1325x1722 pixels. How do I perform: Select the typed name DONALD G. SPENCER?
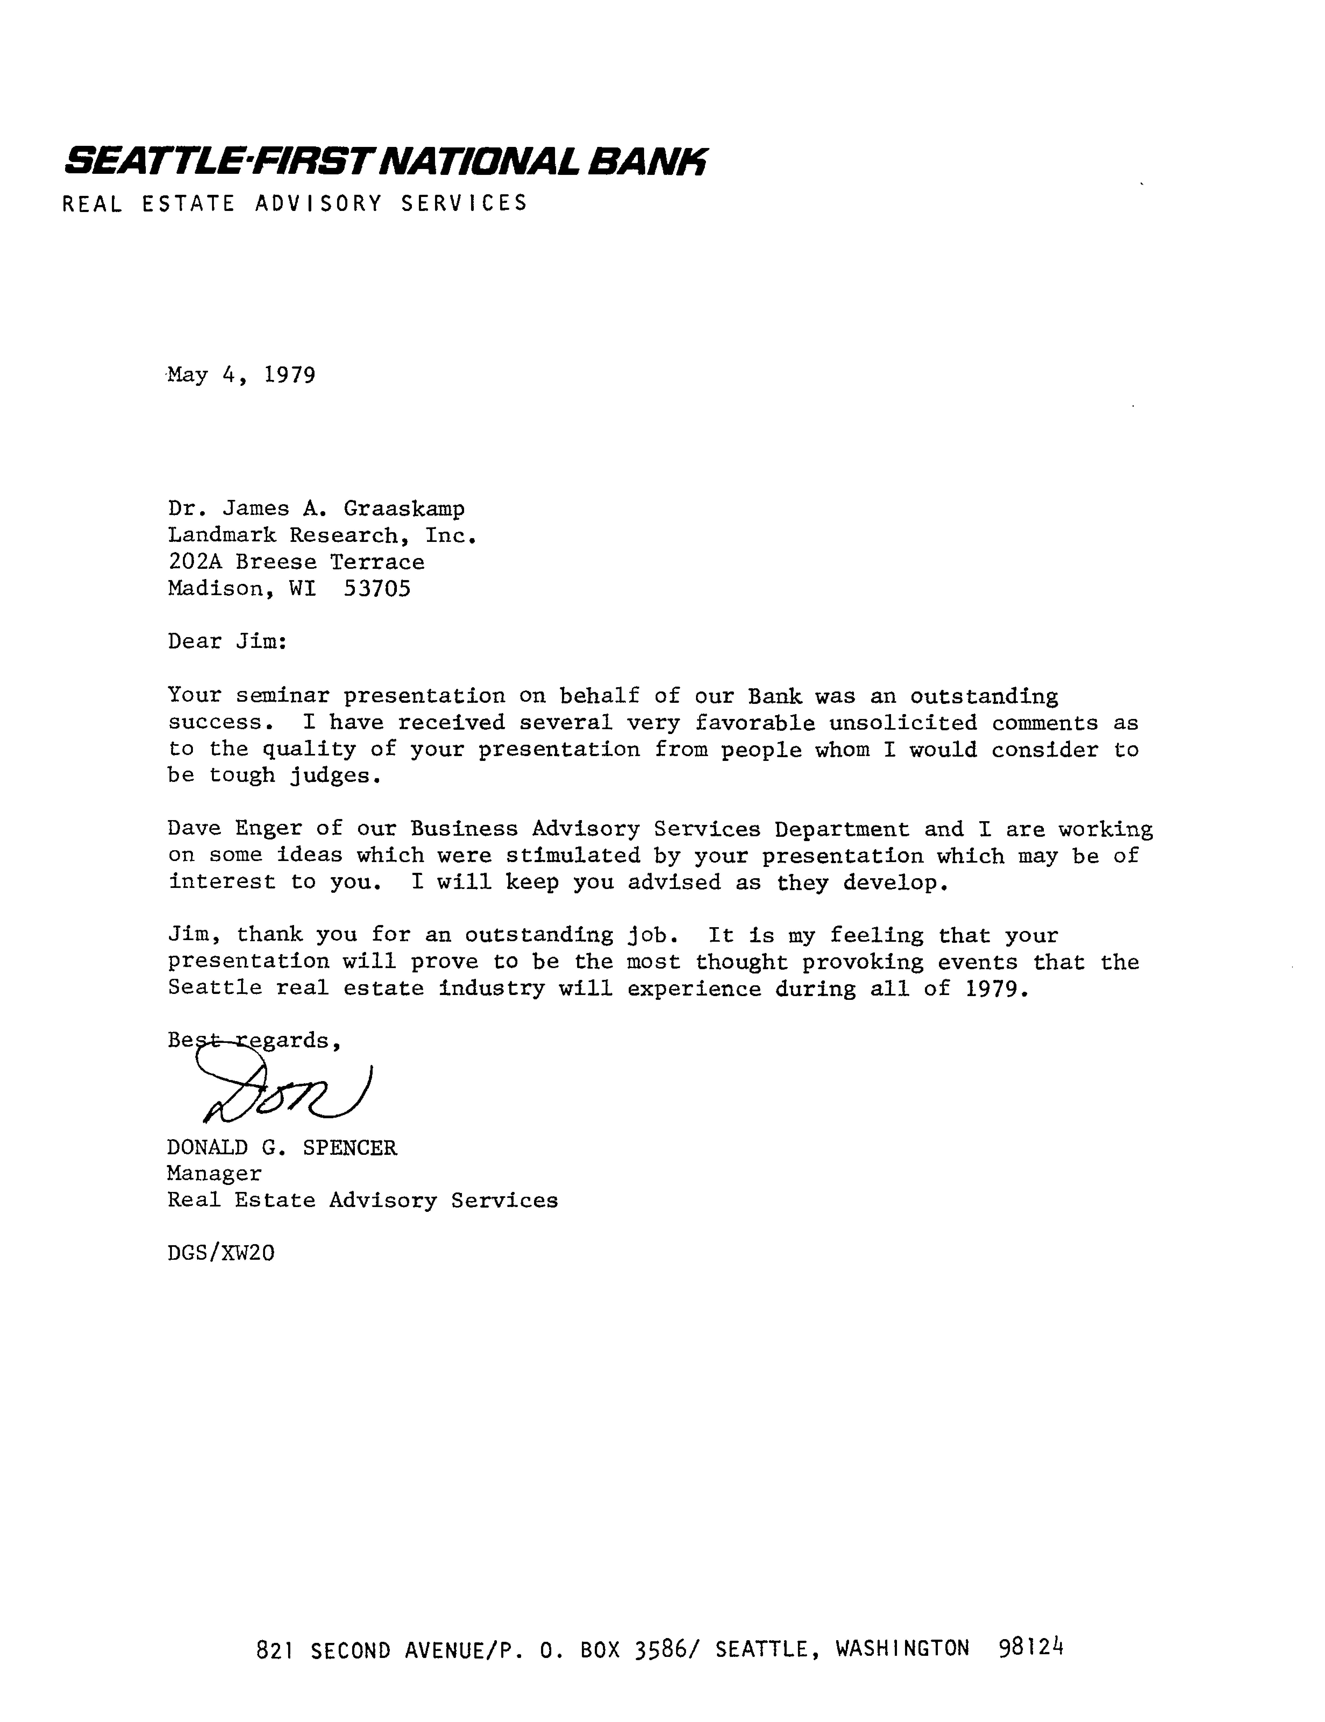[281, 1148]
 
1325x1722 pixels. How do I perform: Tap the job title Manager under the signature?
[214, 1174]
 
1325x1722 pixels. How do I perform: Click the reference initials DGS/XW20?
[221, 1253]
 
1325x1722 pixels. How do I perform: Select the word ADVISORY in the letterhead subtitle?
[319, 203]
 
